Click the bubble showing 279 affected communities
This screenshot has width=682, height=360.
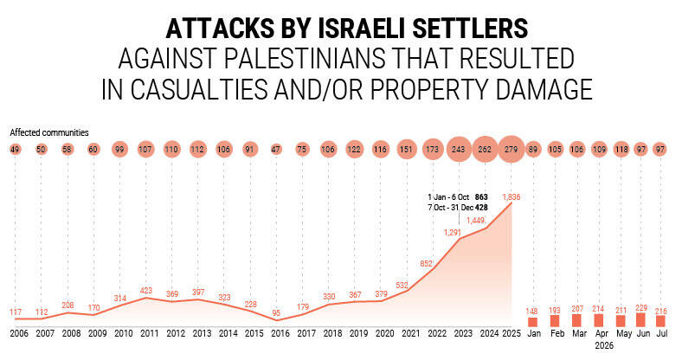click(x=511, y=150)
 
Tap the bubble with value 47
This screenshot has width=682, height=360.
click(x=276, y=150)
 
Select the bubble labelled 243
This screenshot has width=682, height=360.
click(x=459, y=150)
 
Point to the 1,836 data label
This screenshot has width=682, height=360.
click(x=511, y=197)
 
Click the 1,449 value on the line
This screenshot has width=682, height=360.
click(x=475, y=221)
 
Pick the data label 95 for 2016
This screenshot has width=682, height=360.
click(x=276, y=313)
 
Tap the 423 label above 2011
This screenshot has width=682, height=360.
click(x=146, y=290)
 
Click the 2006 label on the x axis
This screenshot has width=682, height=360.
click(x=19, y=333)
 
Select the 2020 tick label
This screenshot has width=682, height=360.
click(x=384, y=333)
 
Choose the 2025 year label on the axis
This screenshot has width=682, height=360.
click(x=511, y=333)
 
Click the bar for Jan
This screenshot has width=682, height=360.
click(x=532, y=322)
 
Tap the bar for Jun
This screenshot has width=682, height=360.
click(x=640, y=320)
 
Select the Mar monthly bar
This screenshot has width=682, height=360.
click(x=576, y=320)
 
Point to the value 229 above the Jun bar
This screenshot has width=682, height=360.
click(x=640, y=308)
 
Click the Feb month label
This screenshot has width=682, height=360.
click(x=557, y=333)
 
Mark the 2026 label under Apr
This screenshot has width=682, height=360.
click(x=604, y=345)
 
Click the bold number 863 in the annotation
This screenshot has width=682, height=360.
click(x=481, y=197)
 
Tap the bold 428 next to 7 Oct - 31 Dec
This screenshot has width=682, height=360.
click(x=481, y=208)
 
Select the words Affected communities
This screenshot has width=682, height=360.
click(x=49, y=132)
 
